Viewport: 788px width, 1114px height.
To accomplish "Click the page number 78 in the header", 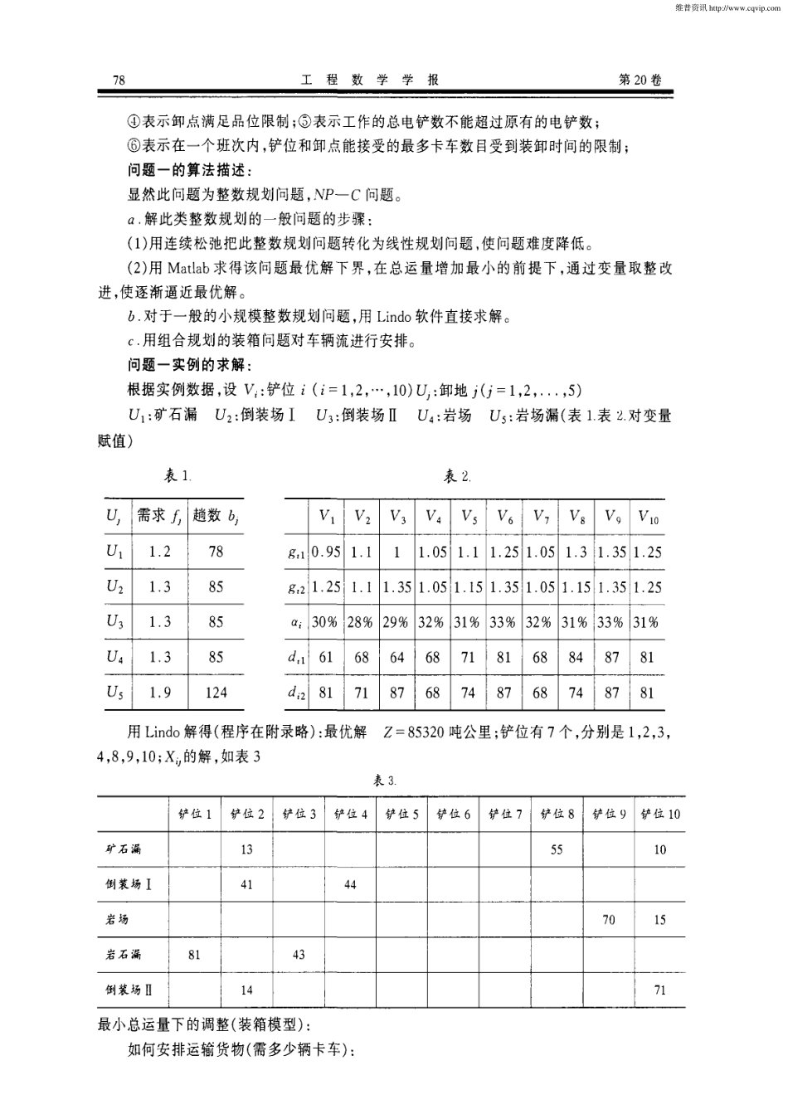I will [x=118, y=80].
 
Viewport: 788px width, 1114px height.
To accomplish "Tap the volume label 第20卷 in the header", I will [x=640, y=80].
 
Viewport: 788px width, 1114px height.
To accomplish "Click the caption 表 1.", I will [x=178, y=476].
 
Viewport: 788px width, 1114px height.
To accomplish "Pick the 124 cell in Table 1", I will [x=216, y=692].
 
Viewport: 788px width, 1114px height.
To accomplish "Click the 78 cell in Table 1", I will [x=216, y=552].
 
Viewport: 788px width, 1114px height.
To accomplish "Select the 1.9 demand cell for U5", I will [x=160, y=692].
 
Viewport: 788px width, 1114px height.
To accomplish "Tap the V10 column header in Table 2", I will [x=648, y=518].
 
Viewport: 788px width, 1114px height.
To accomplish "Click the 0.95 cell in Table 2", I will [x=326, y=552].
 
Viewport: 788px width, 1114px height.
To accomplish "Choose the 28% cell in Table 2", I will [x=361, y=622].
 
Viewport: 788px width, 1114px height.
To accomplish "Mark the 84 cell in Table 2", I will [x=576, y=657].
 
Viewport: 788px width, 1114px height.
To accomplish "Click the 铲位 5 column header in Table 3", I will [x=401, y=815].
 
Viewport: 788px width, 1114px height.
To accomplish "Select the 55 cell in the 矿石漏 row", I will [x=557, y=849].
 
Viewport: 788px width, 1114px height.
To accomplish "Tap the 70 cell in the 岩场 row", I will [x=608, y=919].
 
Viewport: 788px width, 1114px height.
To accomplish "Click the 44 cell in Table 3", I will [x=350, y=884].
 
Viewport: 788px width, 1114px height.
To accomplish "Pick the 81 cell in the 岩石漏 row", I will [x=194, y=955].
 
